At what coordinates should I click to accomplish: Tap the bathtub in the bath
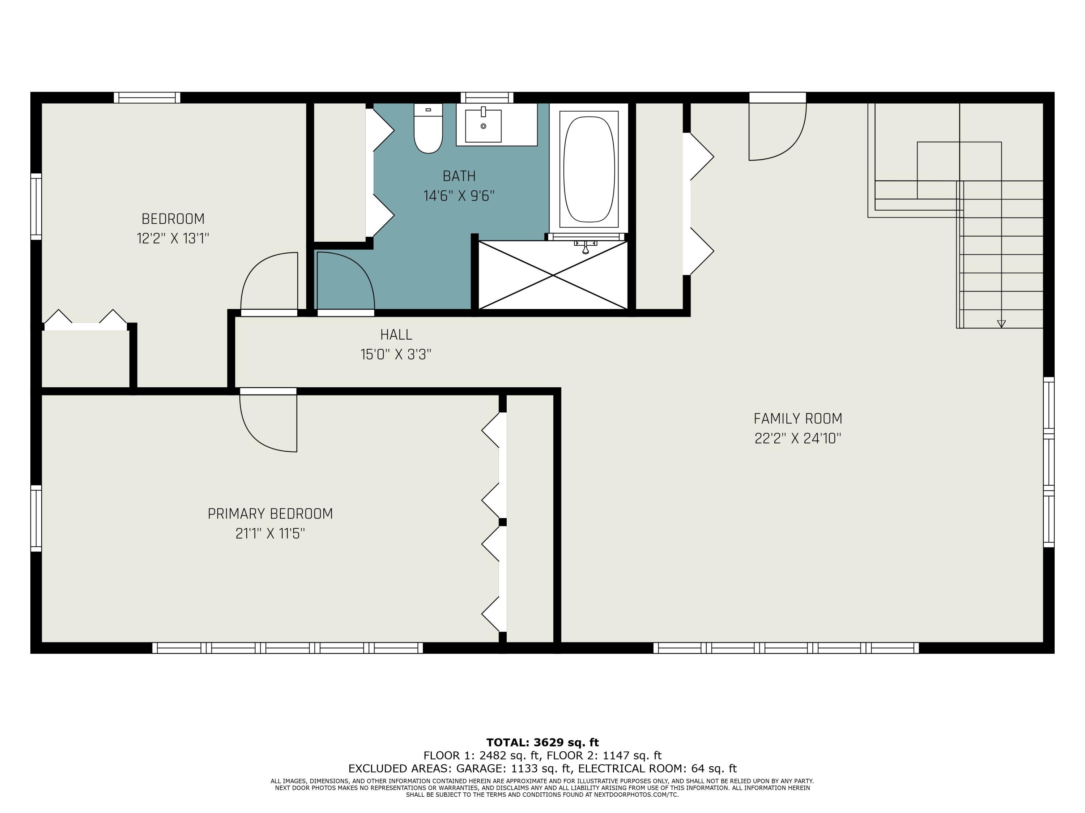click(588, 169)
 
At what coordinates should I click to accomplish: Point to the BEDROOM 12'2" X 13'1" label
click(173, 228)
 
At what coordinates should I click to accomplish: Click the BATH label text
click(459, 176)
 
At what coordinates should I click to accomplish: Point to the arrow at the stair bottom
click(1001, 324)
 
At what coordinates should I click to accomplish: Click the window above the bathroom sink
click(486, 98)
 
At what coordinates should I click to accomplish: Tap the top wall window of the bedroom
click(147, 98)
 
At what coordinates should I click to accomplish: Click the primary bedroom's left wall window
click(36, 518)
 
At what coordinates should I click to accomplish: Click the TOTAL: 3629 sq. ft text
click(542, 743)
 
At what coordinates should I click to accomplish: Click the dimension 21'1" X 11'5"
click(270, 533)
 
